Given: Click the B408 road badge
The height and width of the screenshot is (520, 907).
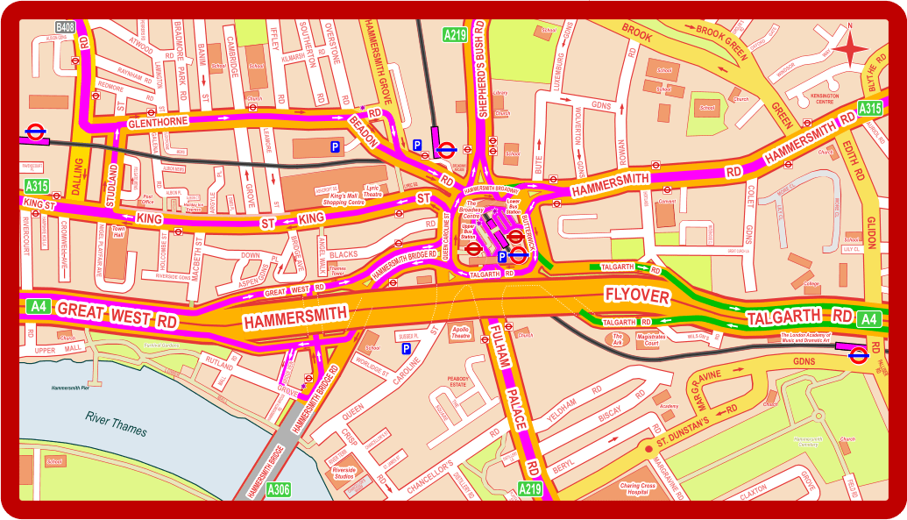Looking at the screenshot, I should [x=65, y=28].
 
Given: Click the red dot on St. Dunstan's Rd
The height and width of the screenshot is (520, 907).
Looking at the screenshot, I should [x=648, y=449].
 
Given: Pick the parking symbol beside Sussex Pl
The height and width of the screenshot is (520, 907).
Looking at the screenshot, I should [x=407, y=348].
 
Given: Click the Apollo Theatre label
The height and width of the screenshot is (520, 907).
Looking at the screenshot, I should [x=460, y=332].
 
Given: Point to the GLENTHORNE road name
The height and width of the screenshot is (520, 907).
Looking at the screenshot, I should [x=158, y=123].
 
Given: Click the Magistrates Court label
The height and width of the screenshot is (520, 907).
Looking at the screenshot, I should [x=651, y=341].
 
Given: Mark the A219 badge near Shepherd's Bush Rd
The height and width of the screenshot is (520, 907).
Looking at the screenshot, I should [x=455, y=35].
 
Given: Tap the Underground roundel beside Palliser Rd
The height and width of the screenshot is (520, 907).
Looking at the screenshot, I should [x=858, y=354].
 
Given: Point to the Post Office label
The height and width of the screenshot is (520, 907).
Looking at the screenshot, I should [x=147, y=199].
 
